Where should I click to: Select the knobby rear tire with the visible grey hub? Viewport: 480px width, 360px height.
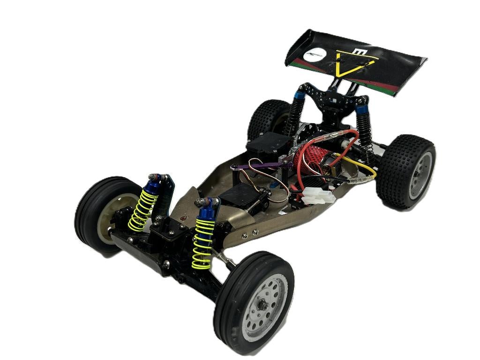[x=405, y=171]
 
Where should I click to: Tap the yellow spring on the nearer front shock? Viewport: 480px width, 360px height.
[x=203, y=243]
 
